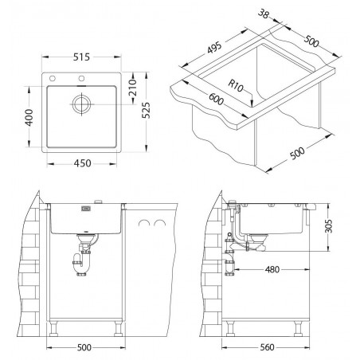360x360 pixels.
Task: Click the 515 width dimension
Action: click(81, 57)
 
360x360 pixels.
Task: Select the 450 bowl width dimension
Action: click(82, 163)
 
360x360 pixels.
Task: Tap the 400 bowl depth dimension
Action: click(29, 118)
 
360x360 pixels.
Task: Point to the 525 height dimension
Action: click(146, 110)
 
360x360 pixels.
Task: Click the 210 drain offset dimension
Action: click(132, 88)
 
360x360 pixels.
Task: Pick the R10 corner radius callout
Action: click(236, 85)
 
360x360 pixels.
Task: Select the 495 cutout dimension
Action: click(214, 48)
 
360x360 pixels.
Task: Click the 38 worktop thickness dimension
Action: click(264, 14)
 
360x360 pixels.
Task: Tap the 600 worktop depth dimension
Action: click(216, 99)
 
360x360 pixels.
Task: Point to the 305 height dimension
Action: click(329, 226)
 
